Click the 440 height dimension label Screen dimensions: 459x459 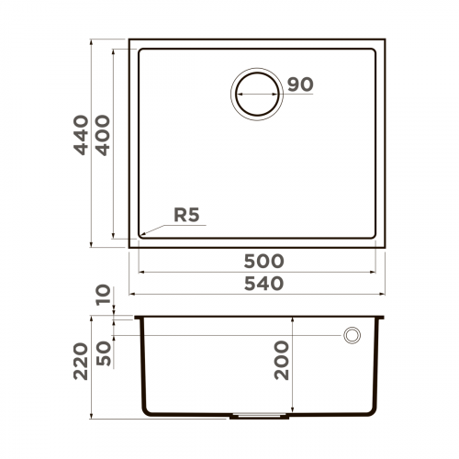[82, 135]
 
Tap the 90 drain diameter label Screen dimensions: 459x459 [300, 84]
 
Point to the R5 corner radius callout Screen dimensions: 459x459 [187, 216]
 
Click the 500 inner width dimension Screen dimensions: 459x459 [257, 261]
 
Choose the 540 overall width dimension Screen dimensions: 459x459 [257, 283]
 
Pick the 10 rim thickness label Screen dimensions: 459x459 [103, 296]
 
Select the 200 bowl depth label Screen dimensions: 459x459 [281, 360]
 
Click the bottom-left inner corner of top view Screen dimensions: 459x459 [140, 235]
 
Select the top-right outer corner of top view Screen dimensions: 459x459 [385, 39]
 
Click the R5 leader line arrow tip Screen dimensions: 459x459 [140, 234]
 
